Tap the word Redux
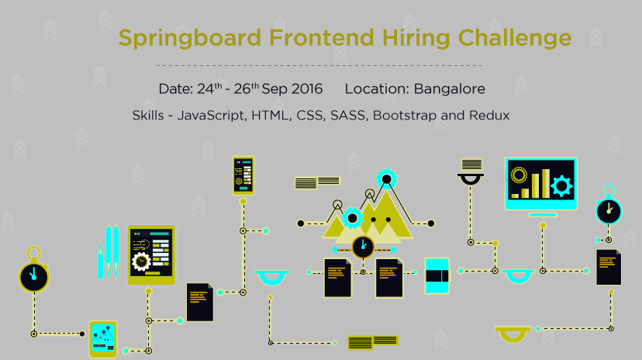point(489,116)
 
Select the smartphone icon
point(243,176)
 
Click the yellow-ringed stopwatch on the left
point(33,273)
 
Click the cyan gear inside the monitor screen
point(561,185)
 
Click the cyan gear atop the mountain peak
point(386,178)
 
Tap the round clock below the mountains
point(363,247)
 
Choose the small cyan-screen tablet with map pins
point(103,338)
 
